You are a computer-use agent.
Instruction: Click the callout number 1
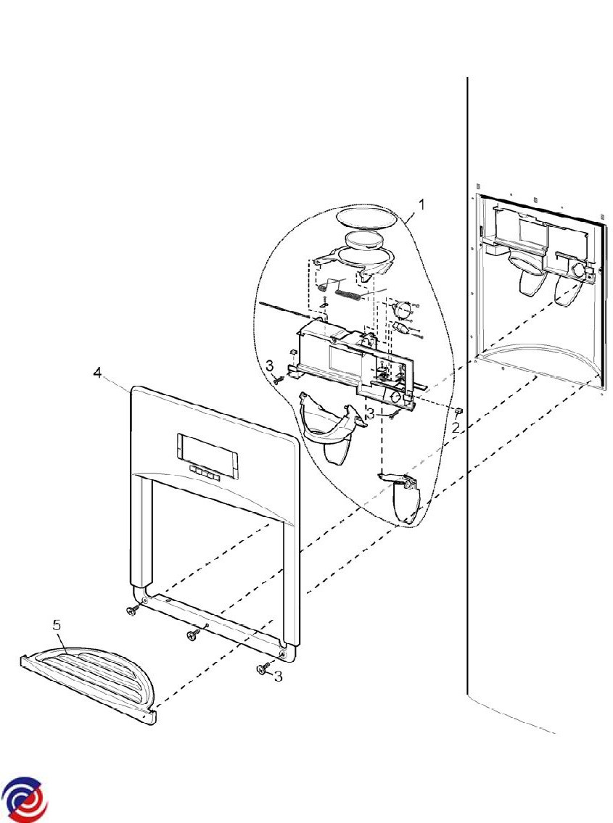(421, 204)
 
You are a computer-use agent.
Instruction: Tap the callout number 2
(456, 427)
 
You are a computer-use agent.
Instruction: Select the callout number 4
(98, 373)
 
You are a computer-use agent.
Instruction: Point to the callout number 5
(57, 625)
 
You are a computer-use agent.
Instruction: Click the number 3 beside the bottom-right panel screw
(278, 677)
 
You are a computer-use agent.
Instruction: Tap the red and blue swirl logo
(24, 799)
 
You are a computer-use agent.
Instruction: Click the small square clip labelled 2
(458, 410)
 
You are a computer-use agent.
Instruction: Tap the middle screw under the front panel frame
(194, 634)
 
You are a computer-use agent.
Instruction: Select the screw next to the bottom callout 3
(263, 668)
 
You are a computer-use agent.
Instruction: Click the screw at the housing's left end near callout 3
(279, 379)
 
